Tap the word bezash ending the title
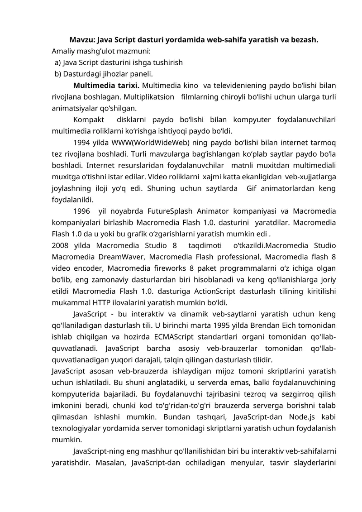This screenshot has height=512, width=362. click(x=305, y=39)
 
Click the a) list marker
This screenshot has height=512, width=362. click(x=57, y=62)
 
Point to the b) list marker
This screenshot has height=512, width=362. click(x=57, y=73)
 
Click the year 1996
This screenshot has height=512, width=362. click(x=81, y=211)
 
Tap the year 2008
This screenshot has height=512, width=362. click(x=60, y=245)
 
